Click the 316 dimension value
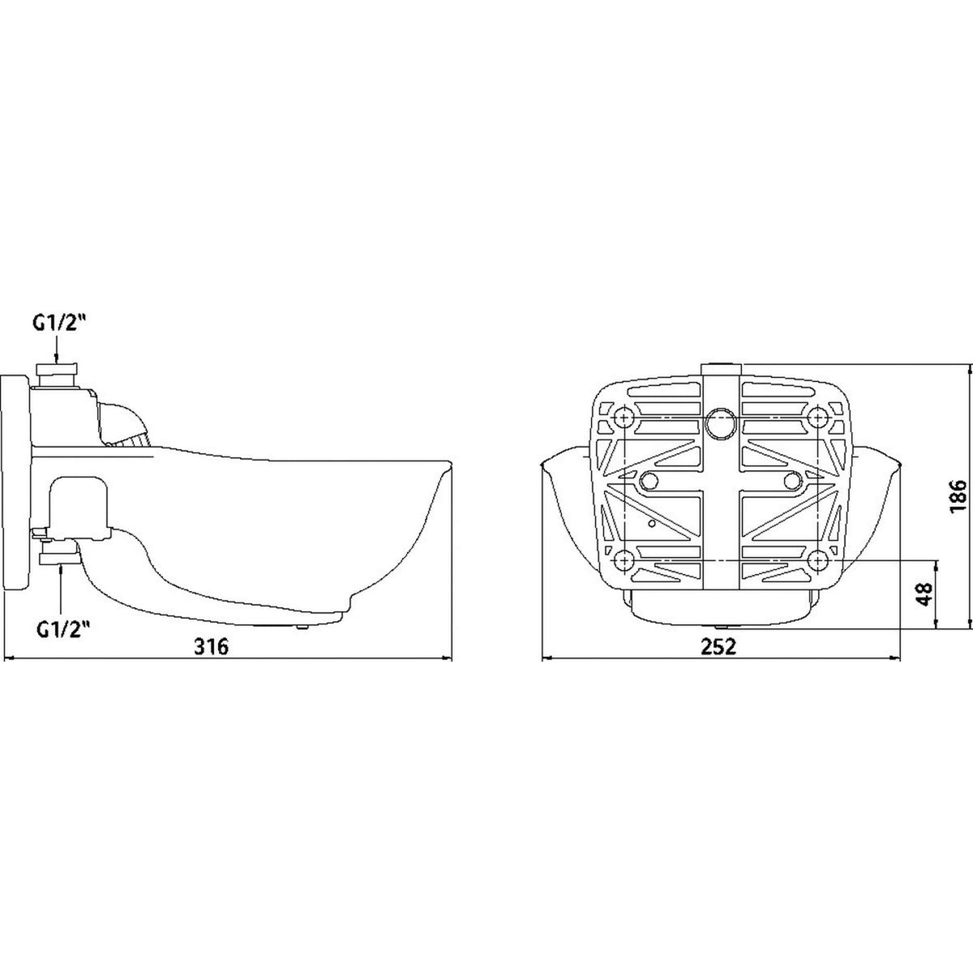pos(212,646)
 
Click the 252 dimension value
pos(718,646)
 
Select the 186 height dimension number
pos(958,496)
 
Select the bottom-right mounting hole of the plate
pos(818,560)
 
